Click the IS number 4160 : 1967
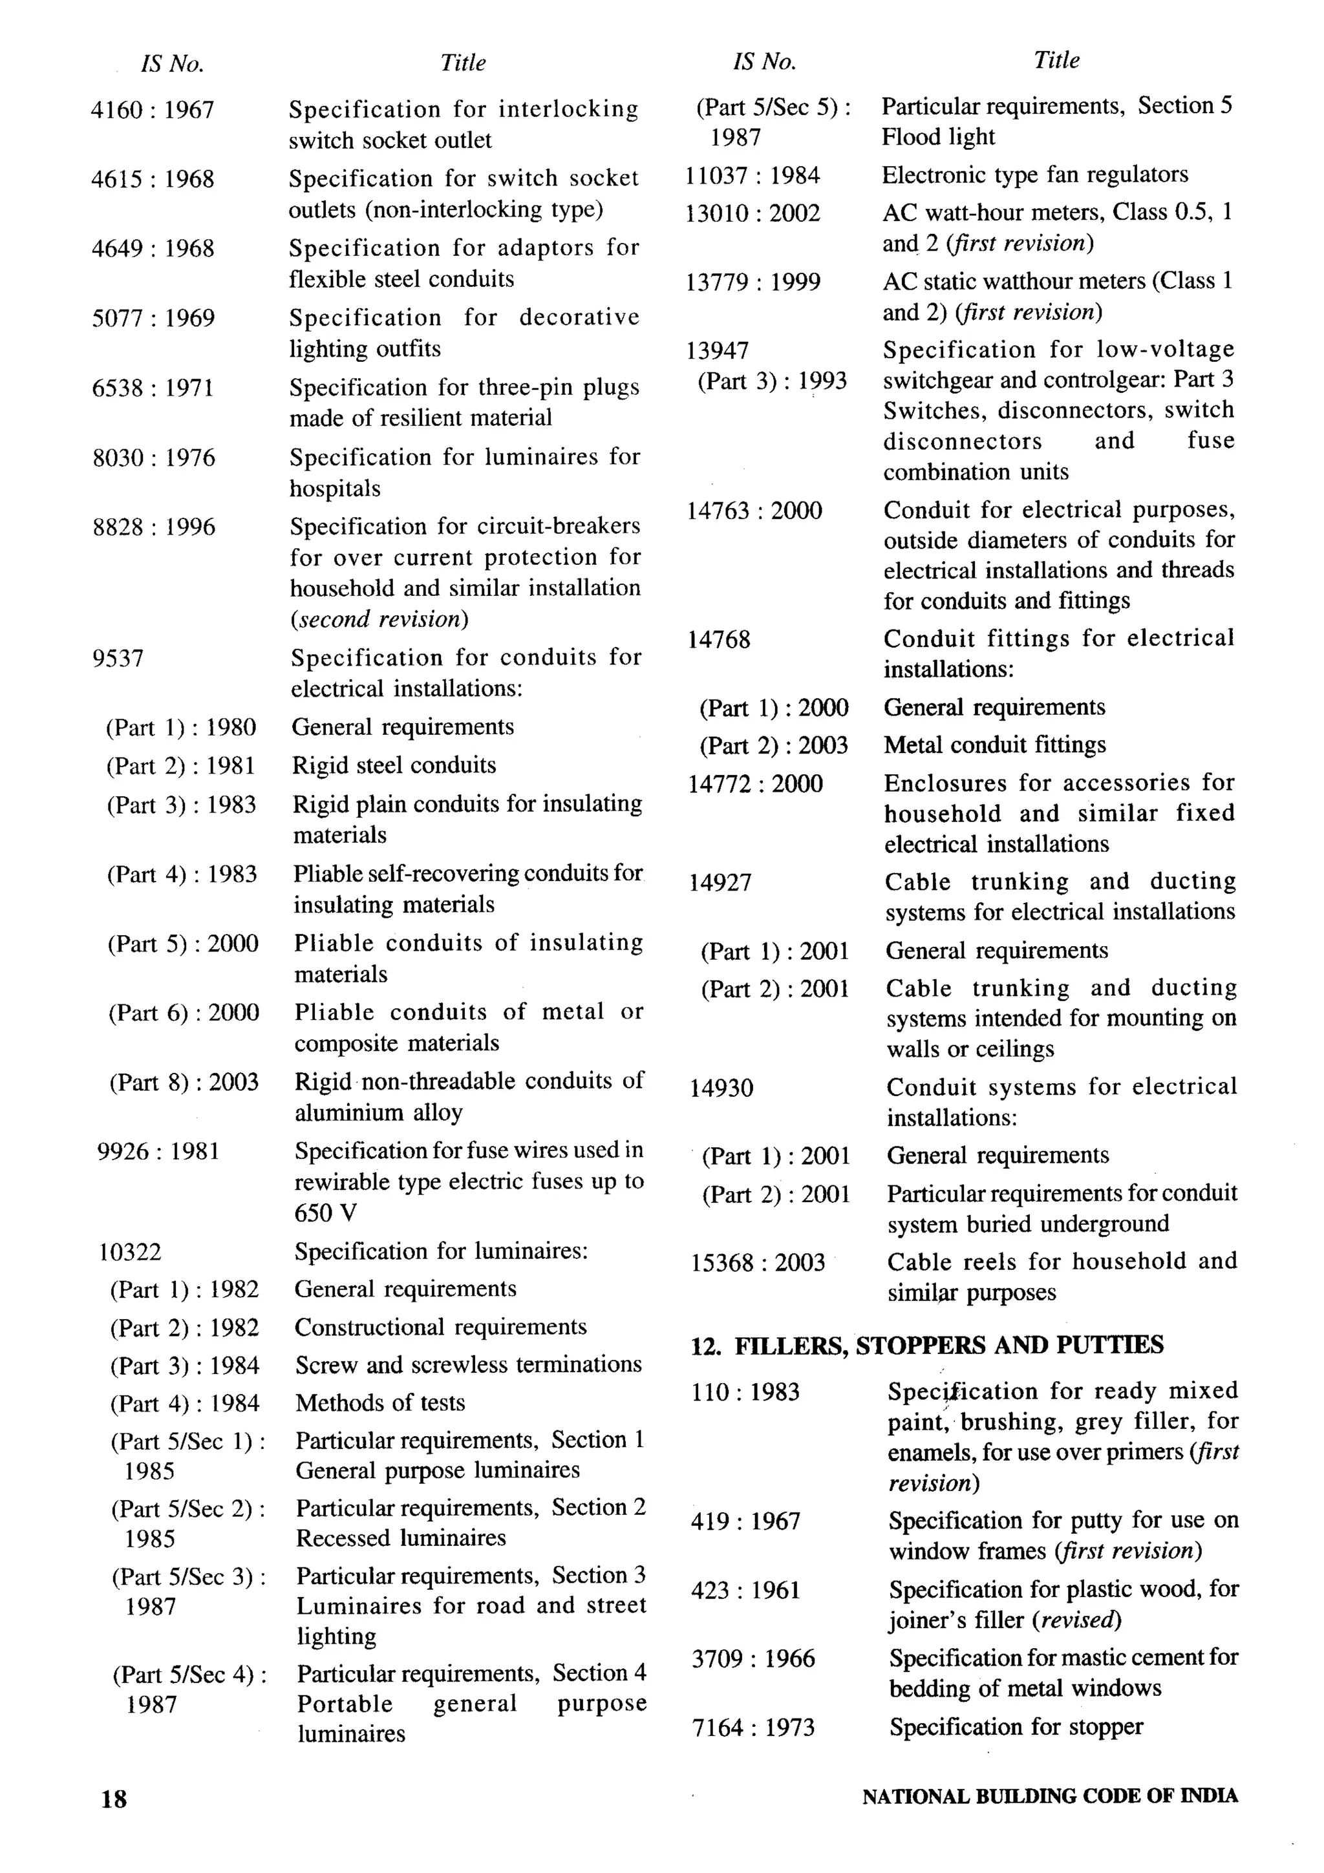153,109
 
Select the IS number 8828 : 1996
153,527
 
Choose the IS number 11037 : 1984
753,175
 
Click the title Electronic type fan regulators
1034,175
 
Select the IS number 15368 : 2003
758,1263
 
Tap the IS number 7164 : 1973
753,1727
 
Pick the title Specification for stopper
1016,1726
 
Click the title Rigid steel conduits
394,765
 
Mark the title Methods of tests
380,1403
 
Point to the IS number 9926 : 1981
158,1152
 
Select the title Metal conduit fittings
994,745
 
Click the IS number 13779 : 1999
753,282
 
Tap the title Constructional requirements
440,1328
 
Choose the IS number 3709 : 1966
753,1658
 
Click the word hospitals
336,489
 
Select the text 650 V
325,1214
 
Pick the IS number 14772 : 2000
755,784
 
